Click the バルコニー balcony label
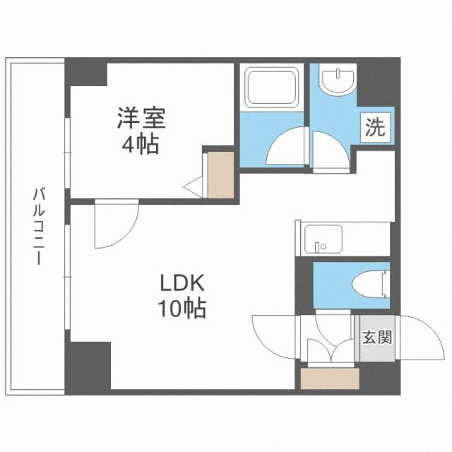tap(36, 225)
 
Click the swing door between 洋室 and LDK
tap(114, 225)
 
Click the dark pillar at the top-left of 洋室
tap(86, 74)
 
